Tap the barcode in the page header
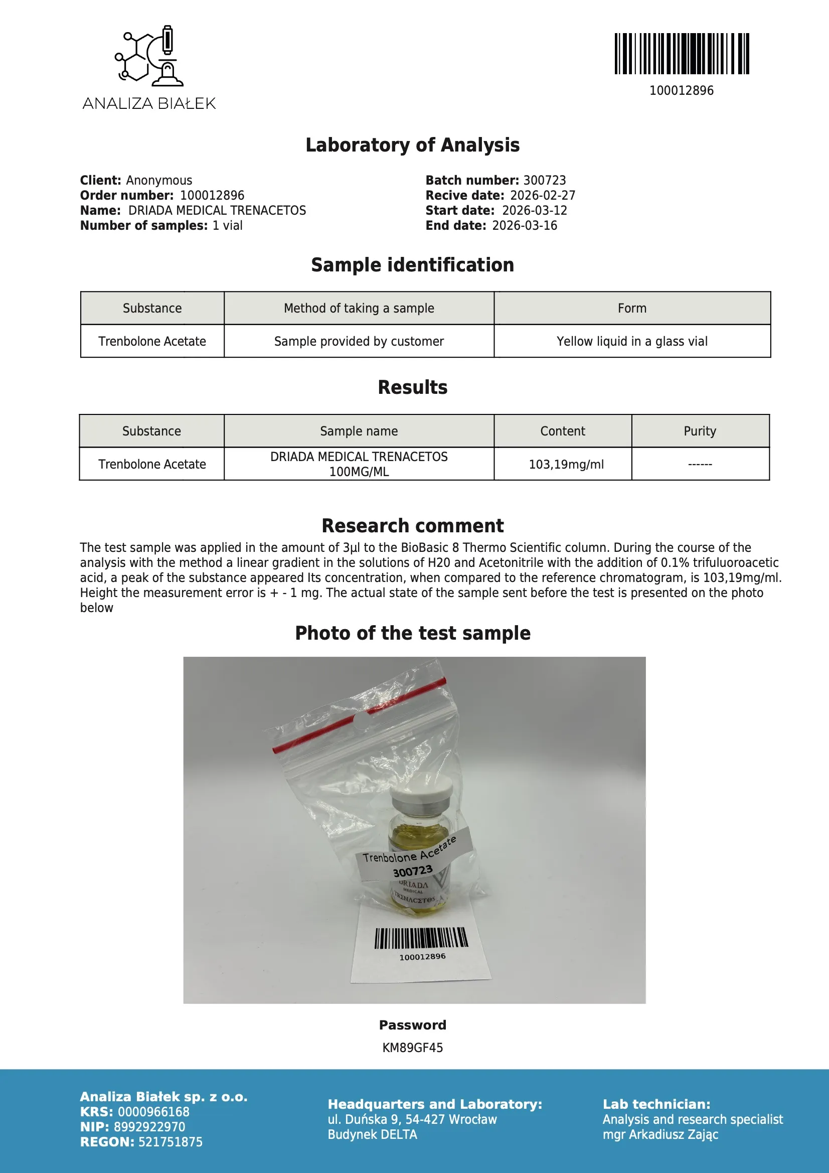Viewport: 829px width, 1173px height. click(x=682, y=54)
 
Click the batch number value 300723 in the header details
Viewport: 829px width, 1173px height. click(x=545, y=180)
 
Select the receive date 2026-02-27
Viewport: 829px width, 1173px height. click(x=543, y=196)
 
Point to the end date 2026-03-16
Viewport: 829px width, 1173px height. click(x=525, y=226)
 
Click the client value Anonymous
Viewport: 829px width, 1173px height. click(x=159, y=180)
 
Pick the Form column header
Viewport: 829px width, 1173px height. click(x=632, y=308)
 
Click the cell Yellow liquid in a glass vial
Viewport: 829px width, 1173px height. click(x=632, y=341)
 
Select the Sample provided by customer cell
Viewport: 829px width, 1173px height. click(x=359, y=341)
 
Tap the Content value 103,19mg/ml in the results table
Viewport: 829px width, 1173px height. click(x=566, y=465)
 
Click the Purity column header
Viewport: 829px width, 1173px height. click(x=700, y=431)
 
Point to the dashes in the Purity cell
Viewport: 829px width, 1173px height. click(x=700, y=465)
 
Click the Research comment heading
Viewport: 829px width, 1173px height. click(x=413, y=526)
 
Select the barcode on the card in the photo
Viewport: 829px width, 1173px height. click(x=421, y=938)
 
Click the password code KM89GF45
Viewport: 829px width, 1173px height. click(x=413, y=1048)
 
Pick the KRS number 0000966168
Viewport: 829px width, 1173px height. click(x=153, y=1112)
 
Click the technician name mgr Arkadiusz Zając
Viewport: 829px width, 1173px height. click(x=660, y=1134)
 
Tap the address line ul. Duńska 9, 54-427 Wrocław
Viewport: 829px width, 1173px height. click(x=412, y=1119)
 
